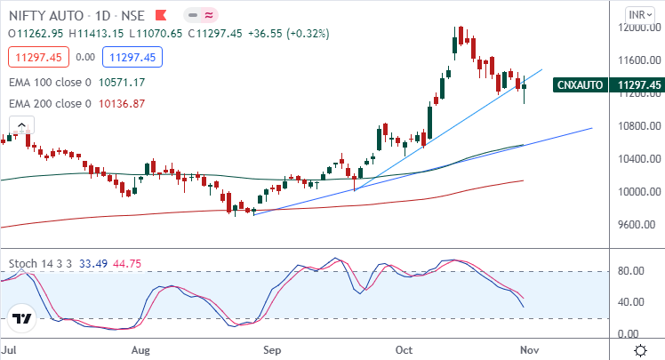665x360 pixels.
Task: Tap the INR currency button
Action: point(637,15)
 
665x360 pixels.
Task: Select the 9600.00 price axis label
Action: point(639,225)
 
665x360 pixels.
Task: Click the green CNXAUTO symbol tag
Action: point(581,85)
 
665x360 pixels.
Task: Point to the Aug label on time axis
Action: point(140,350)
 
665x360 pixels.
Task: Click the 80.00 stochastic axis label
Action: point(633,270)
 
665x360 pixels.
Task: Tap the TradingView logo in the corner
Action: point(23,317)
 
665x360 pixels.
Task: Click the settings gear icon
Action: point(640,350)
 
